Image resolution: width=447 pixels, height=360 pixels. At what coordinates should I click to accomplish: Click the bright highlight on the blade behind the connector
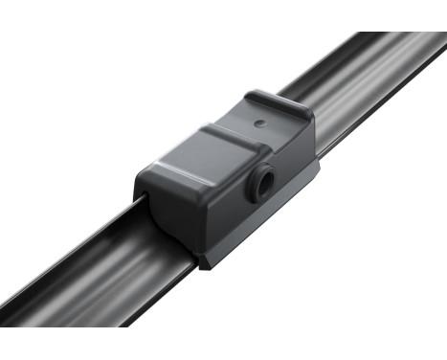point(364,86)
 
